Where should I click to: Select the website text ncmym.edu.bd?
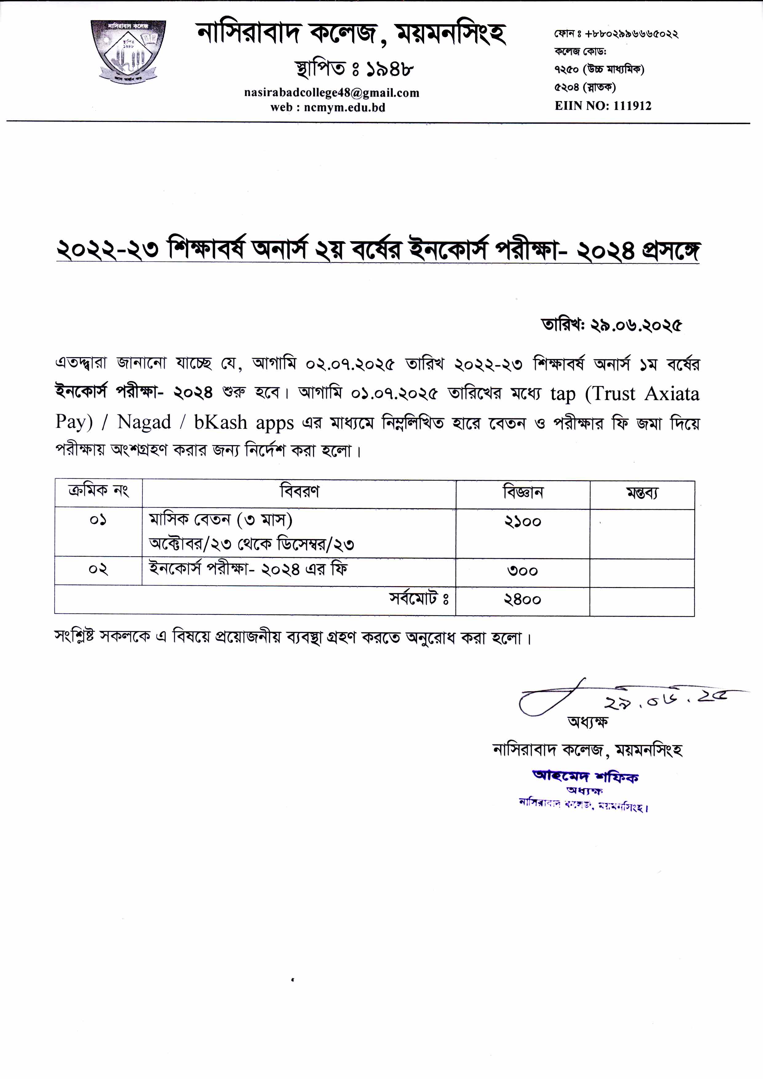click(344, 108)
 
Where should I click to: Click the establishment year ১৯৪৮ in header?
click(386, 69)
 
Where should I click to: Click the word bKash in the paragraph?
click(220, 422)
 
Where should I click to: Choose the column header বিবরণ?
click(299, 492)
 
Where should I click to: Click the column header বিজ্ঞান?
click(523, 493)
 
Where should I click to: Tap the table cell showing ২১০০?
click(523, 522)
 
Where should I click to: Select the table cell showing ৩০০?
click(523, 571)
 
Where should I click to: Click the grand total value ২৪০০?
click(523, 600)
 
